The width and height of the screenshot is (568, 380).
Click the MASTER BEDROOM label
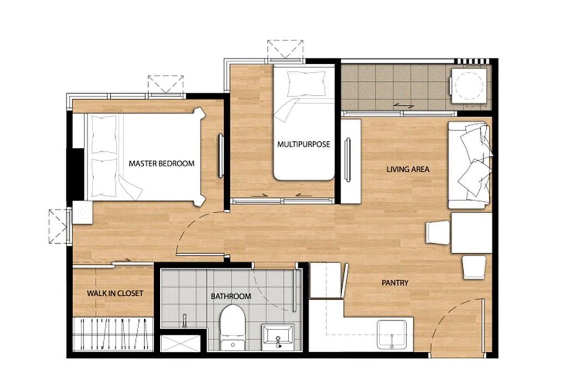click(x=161, y=163)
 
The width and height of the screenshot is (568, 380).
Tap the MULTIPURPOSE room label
click(x=303, y=145)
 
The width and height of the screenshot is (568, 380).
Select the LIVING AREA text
click(x=408, y=169)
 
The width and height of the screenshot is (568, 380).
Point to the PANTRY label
click(x=395, y=283)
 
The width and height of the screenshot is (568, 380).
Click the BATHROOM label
click(x=231, y=296)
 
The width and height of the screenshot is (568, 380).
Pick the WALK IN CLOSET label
click(x=115, y=293)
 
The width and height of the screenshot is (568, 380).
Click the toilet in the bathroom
click(x=232, y=328)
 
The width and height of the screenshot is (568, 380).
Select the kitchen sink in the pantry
click(x=392, y=335)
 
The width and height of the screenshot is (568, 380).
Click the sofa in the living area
click(x=470, y=165)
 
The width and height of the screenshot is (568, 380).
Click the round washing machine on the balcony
click(x=469, y=85)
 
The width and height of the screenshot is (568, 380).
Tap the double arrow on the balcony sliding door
click(x=404, y=106)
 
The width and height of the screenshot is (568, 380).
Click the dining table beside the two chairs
click(x=471, y=233)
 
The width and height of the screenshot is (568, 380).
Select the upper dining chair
click(x=438, y=232)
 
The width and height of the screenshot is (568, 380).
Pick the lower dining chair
click(x=474, y=268)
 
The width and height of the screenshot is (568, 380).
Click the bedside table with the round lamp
click(x=83, y=213)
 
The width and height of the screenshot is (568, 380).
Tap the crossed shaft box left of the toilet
click(x=180, y=343)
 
